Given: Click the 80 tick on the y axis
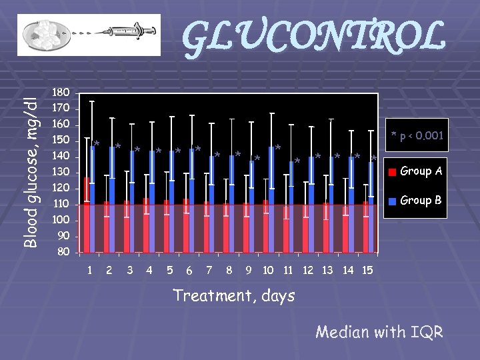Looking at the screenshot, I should (x=63, y=252).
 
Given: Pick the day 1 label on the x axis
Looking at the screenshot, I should (x=90, y=270).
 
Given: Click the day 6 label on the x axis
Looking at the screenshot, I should (x=190, y=271).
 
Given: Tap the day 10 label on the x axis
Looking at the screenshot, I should (x=268, y=270).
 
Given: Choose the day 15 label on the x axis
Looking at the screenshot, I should (x=367, y=270).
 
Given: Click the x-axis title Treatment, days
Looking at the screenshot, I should (x=233, y=295).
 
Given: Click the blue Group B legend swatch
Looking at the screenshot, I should (x=393, y=201).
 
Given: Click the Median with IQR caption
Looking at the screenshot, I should (x=379, y=331).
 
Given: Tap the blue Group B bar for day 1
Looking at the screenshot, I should (x=93, y=200).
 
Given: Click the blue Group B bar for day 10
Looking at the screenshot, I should (x=271, y=200).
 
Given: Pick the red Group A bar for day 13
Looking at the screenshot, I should (x=326, y=228).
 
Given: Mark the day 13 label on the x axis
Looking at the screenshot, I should (x=327, y=270).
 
